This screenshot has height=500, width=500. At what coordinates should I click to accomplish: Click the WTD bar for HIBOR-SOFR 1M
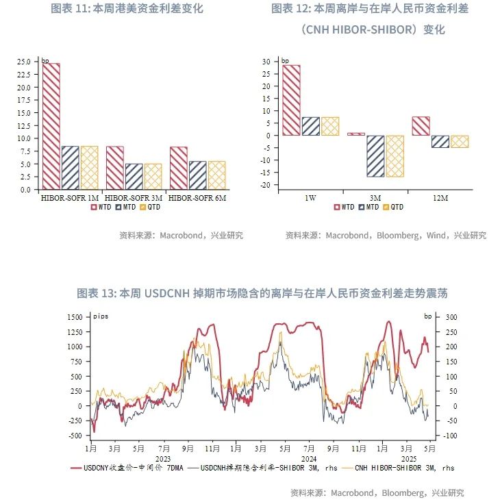point(51,126)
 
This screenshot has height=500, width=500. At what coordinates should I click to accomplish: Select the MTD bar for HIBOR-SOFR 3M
point(134,177)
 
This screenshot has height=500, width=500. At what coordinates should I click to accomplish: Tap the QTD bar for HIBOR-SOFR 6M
point(216,175)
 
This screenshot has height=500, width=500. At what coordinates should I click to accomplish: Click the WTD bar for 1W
point(291,100)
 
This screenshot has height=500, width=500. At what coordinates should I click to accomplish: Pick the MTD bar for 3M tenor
point(375,156)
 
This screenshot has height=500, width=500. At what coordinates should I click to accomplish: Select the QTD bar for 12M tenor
point(460,141)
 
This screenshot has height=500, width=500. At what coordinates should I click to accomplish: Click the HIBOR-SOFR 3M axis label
point(134,197)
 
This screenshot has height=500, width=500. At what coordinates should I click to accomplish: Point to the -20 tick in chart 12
point(267,185)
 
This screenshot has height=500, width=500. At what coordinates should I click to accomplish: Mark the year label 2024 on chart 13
point(310,458)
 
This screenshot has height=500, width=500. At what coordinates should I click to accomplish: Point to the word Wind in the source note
point(435,236)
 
